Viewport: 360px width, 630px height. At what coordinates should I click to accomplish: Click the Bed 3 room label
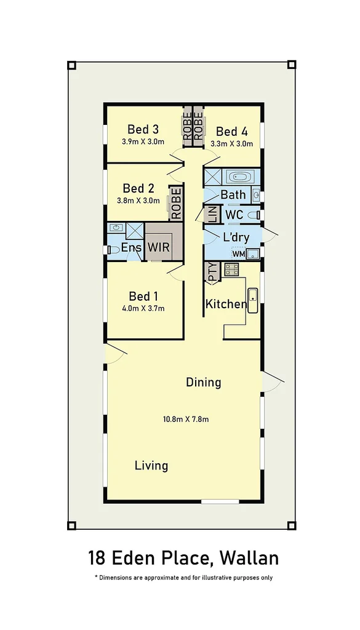pyautogui.click(x=143, y=129)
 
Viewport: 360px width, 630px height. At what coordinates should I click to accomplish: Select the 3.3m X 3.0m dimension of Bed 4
pyautogui.click(x=231, y=143)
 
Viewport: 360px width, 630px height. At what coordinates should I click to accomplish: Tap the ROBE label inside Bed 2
pyautogui.click(x=176, y=204)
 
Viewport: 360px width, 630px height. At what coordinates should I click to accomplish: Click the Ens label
pyautogui.click(x=131, y=248)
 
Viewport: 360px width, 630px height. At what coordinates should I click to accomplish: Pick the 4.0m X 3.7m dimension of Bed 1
pyautogui.click(x=143, y=308)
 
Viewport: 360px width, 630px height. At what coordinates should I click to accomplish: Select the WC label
pyautogui.click(x=234, y=215)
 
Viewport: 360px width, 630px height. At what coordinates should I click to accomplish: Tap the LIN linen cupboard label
pyautogui.click(x=212, y=215)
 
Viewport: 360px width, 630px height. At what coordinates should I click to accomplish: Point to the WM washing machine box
pyautogui.click(x=238, y=253)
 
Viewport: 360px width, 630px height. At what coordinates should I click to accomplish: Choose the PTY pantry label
pyautogui.click(x=212, y=272)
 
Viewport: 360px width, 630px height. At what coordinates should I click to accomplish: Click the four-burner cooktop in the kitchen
pyautogui.click(x=231, y=269)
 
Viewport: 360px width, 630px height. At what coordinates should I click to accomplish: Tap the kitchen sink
pyautogui.click(x=252, y=300)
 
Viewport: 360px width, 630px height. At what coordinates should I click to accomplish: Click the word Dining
pyautogui.click(x=203, y=382)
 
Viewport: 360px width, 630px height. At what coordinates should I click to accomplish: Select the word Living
pyautogui.click(x=151, y=465)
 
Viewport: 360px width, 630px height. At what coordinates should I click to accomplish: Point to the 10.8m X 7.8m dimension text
pyautogui.click(x=186, y=420)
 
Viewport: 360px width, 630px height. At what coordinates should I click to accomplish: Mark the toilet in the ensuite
pyautogui.click(x=113, y=250)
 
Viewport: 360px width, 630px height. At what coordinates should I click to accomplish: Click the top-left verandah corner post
pyautogui.click(x=71, y=65)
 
